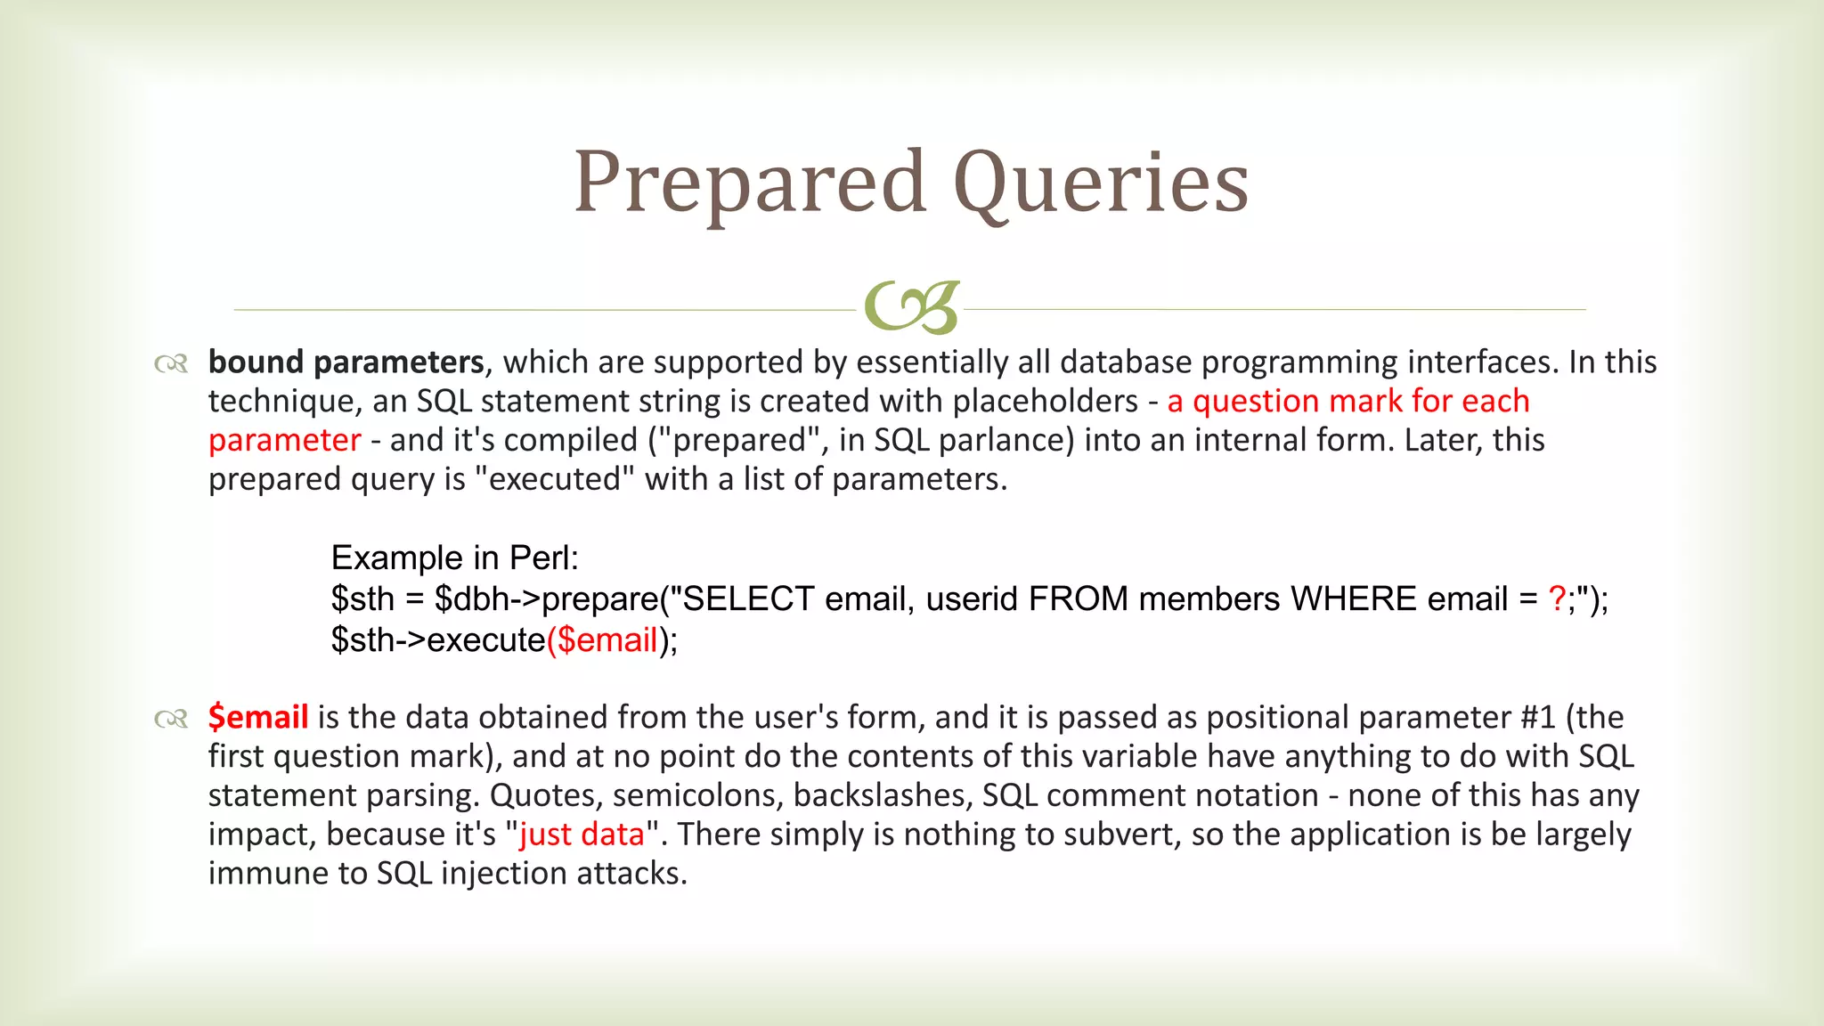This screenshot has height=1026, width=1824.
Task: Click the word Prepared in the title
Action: point(750,183)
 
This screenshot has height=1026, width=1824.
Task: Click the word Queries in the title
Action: point(1101,183)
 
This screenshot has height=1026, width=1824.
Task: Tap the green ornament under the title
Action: point(911,307)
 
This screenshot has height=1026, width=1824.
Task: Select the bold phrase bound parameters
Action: point(346,362)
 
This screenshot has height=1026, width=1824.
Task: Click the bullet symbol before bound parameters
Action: point(170,364)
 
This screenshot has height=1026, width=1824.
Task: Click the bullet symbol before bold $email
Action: point(170,719)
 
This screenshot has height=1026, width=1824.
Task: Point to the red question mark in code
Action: point(1557,599)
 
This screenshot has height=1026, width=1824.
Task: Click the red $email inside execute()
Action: point(607,640)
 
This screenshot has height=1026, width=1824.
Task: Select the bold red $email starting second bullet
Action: point(258,717)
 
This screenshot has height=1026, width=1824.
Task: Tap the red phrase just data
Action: point(582,835)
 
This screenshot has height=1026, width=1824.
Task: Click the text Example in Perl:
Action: point(454,558)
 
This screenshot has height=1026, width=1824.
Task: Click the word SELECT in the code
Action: point(747,599)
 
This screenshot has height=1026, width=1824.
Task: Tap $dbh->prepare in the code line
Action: point(546,599)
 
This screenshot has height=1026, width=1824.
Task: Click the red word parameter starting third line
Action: point(284,441)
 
